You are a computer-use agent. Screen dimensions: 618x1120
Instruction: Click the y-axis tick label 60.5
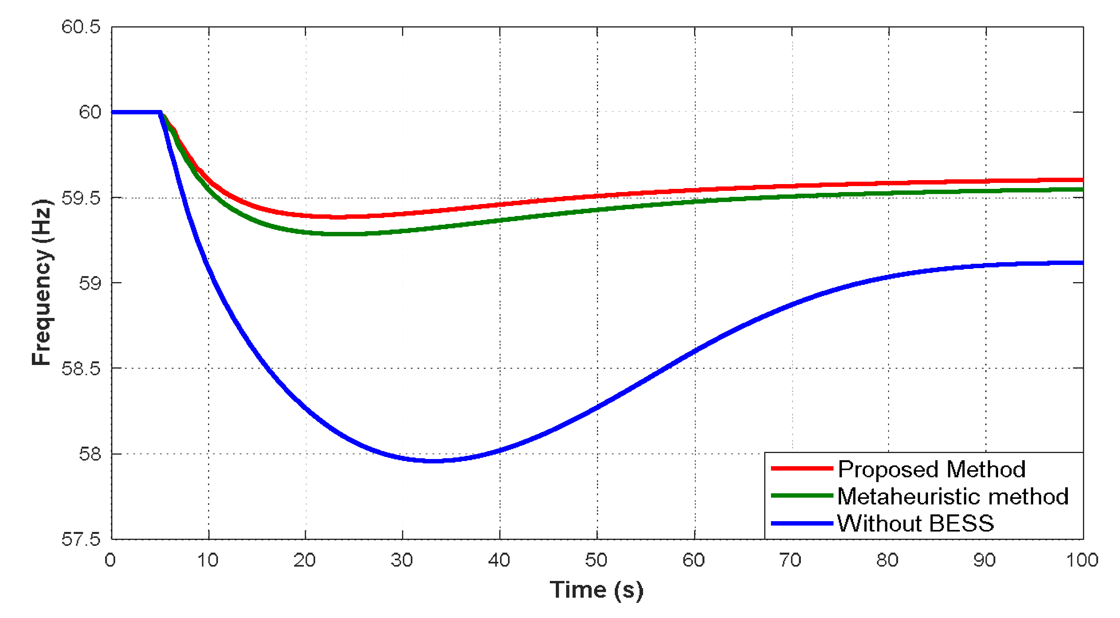click(x=81, y=27)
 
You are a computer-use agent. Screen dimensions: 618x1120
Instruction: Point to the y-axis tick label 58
click(x=90, y=453)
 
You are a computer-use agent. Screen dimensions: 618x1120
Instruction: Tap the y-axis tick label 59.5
click(x=81, y=198)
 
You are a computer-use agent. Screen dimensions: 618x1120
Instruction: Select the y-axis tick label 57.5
click(x=81, y=539)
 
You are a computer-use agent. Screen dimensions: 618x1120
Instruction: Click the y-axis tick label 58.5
click(x=81, y=368)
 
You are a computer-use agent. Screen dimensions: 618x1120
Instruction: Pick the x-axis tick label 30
click(x=402, y=560)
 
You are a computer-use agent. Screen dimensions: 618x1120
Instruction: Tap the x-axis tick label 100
click(x=1082, y=560)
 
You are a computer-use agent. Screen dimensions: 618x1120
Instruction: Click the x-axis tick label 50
click(x=596, y=560)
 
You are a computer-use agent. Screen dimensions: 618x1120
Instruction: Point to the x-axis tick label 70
click(x=790, y=560)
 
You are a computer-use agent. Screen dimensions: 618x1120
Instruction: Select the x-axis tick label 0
click(x=110, y=560)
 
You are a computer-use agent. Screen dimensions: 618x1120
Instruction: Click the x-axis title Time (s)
click(x=596, y=590)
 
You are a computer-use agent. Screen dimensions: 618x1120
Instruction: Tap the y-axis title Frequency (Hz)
click(x=42, y=283)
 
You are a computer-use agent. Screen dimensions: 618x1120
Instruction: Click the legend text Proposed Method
click(x=931, y=469)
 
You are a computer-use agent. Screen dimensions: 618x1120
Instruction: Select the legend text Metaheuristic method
click(x=953, y=496)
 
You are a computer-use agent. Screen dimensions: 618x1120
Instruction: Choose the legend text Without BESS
click(x=916, y=523)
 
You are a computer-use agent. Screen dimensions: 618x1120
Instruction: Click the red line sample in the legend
click(x=802, y=469)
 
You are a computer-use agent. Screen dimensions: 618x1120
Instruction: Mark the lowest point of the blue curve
click(x=433, y=461)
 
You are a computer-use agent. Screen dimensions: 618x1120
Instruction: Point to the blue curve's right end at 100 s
click(x=1082, y=263)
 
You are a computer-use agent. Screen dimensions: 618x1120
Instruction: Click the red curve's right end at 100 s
click(x=1082, y=180)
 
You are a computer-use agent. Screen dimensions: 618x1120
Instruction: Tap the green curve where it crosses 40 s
click(x=500, y=220)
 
